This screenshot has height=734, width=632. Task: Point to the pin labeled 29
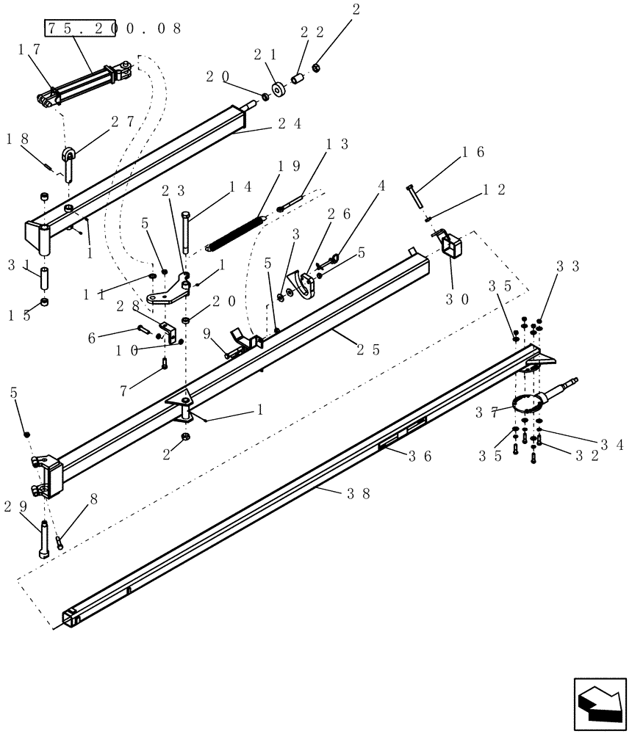(x=46, y=539)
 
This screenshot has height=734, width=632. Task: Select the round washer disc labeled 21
(x=280, y=90)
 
